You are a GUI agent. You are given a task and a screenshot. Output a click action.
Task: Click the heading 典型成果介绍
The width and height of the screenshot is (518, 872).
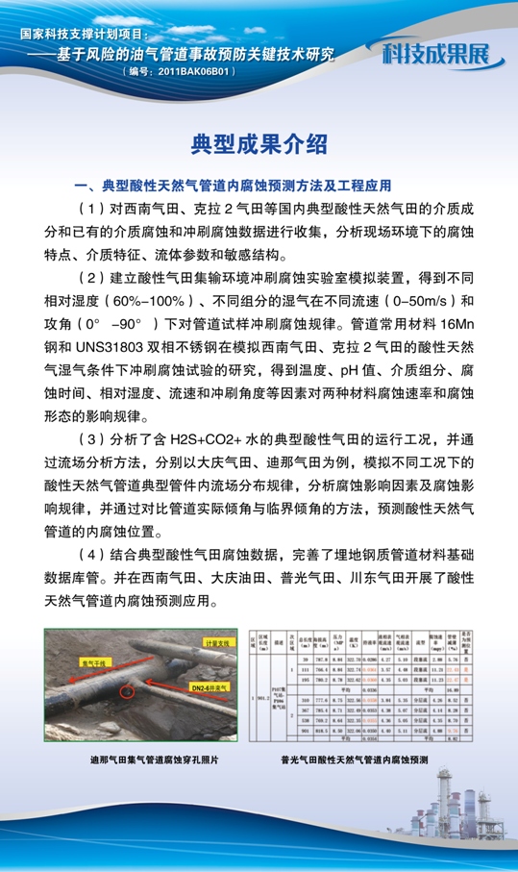pos(259,144)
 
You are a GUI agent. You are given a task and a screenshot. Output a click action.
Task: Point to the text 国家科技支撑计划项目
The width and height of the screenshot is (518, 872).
pos(91,34)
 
